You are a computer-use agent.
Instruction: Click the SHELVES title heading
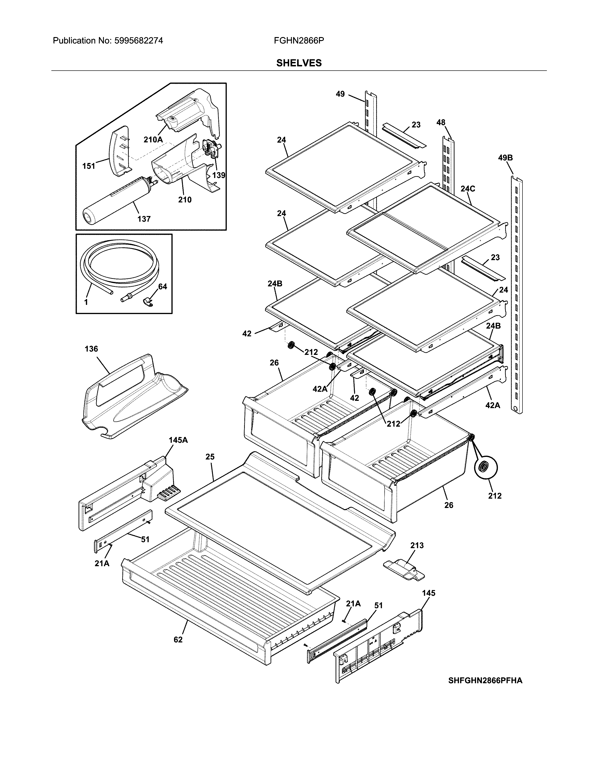tap(299, 63)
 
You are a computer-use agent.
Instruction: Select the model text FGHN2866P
tap(299, 41)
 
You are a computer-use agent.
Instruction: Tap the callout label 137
tap(144, 219)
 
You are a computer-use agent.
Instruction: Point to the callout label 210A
tap(153, 140)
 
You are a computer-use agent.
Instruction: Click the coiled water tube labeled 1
tap(119, 264)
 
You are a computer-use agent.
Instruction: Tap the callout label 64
tap(162, 286)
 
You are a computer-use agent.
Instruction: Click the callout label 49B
tap(505, 158)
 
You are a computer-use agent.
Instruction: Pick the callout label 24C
tap(468, 189)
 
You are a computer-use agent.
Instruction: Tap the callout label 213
tap(417, 545)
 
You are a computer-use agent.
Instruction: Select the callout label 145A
tap(178, 440)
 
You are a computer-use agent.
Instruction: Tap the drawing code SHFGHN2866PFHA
tap(485, 680)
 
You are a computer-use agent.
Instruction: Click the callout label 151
tap(89, 166)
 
